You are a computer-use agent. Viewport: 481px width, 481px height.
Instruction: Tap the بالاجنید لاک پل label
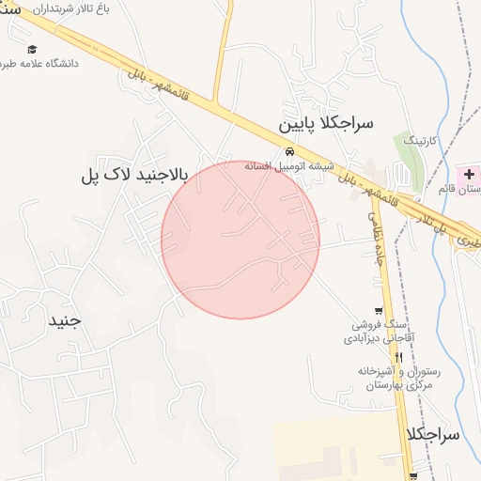134,176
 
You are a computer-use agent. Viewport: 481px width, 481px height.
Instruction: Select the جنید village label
66,320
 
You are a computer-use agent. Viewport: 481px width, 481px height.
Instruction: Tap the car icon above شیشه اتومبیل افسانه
290,152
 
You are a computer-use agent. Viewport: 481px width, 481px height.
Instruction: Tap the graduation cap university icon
32,49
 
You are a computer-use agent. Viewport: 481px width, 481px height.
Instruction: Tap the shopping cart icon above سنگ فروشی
379,311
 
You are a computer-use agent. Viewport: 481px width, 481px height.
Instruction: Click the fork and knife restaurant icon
398,357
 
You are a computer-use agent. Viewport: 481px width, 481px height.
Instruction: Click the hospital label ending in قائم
460,189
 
